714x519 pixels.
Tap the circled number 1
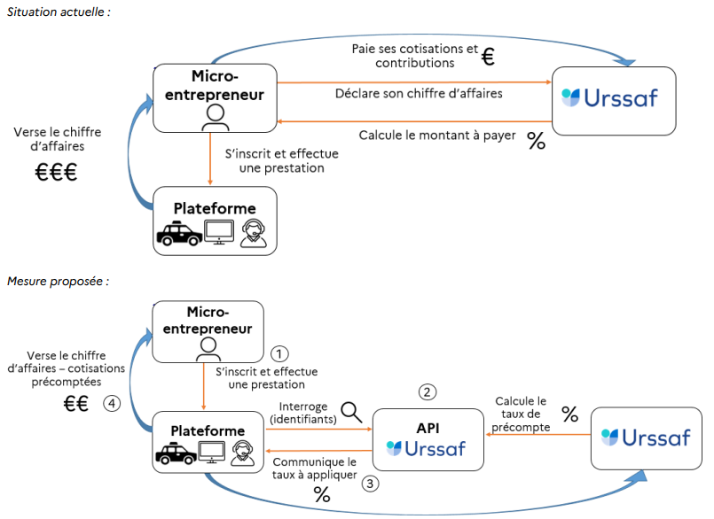coord(280,352)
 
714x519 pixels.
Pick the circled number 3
coord(371,484)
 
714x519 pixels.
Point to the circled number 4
coord(111,404)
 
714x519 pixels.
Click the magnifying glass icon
coord(352,411)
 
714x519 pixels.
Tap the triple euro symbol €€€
coord(56,173)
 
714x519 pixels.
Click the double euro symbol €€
coord(75,405)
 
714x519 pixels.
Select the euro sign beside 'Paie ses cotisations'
coord(488,58)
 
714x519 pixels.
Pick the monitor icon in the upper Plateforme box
coord(218,231)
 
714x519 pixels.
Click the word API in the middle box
coord(428,428)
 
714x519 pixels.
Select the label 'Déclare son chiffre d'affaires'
coord(419,93)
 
